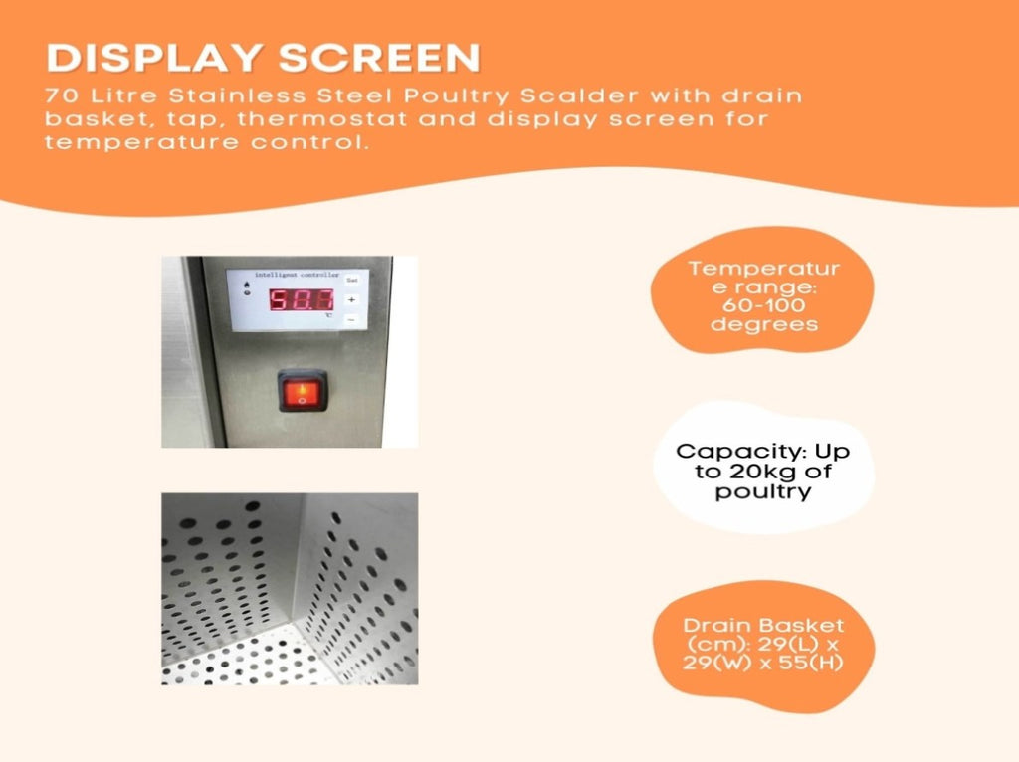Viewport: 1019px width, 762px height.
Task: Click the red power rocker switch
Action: click(303, 390)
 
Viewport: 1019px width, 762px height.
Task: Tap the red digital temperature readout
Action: click(302, 300)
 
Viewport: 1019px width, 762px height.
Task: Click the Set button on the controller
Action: click(351, 280)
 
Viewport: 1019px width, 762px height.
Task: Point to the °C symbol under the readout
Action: click(328, 316)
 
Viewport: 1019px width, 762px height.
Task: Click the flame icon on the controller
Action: click(247, 286)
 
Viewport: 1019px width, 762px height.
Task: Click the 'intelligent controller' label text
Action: click(297, 275)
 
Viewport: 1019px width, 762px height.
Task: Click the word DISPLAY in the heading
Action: click(154, 58)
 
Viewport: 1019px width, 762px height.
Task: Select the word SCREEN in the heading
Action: click(379, 58)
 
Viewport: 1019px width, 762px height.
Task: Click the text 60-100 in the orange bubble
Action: click(763, 305)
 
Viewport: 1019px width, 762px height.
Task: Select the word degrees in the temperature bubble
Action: click(763, 325)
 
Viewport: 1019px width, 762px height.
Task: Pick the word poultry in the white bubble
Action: click(763, 491)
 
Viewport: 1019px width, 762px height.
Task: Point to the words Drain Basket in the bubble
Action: click(763, 626)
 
